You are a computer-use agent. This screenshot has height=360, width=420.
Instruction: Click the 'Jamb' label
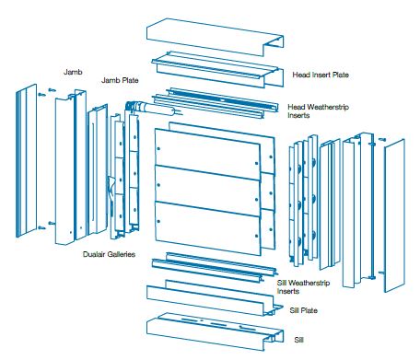(x=73, y=72)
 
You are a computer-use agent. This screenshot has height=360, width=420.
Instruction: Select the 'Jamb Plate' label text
(x=120, y=80)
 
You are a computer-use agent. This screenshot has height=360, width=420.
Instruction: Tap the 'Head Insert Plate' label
(x=321, y=75)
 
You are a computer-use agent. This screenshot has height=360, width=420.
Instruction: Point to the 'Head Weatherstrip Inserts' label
(x=318, y=111)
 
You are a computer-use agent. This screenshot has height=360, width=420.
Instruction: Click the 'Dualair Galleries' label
(x=109, y=254)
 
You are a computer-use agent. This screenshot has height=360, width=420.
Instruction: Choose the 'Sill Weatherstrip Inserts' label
(x=303, y=287)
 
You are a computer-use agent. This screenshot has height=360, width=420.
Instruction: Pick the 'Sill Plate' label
(x=303, y=310)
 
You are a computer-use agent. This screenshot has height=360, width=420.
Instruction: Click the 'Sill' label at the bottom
(x=298, y=340)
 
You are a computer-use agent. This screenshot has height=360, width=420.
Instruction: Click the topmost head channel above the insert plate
(x=215, y=37)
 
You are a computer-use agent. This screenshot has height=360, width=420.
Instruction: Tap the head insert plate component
(x=217, y=70)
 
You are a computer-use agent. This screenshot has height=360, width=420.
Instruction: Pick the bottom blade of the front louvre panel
(x=208, y=227)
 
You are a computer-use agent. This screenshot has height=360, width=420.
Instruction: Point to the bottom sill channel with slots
(x=215, y=332)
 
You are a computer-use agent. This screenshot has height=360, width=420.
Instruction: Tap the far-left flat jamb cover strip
(x=27, y=160)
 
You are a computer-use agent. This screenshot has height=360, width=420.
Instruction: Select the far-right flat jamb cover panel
(x=394, y=215)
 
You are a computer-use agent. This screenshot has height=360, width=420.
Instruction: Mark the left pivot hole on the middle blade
(x=158, y=185)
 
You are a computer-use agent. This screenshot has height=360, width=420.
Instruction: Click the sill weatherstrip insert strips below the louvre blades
(x=215, y=267)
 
